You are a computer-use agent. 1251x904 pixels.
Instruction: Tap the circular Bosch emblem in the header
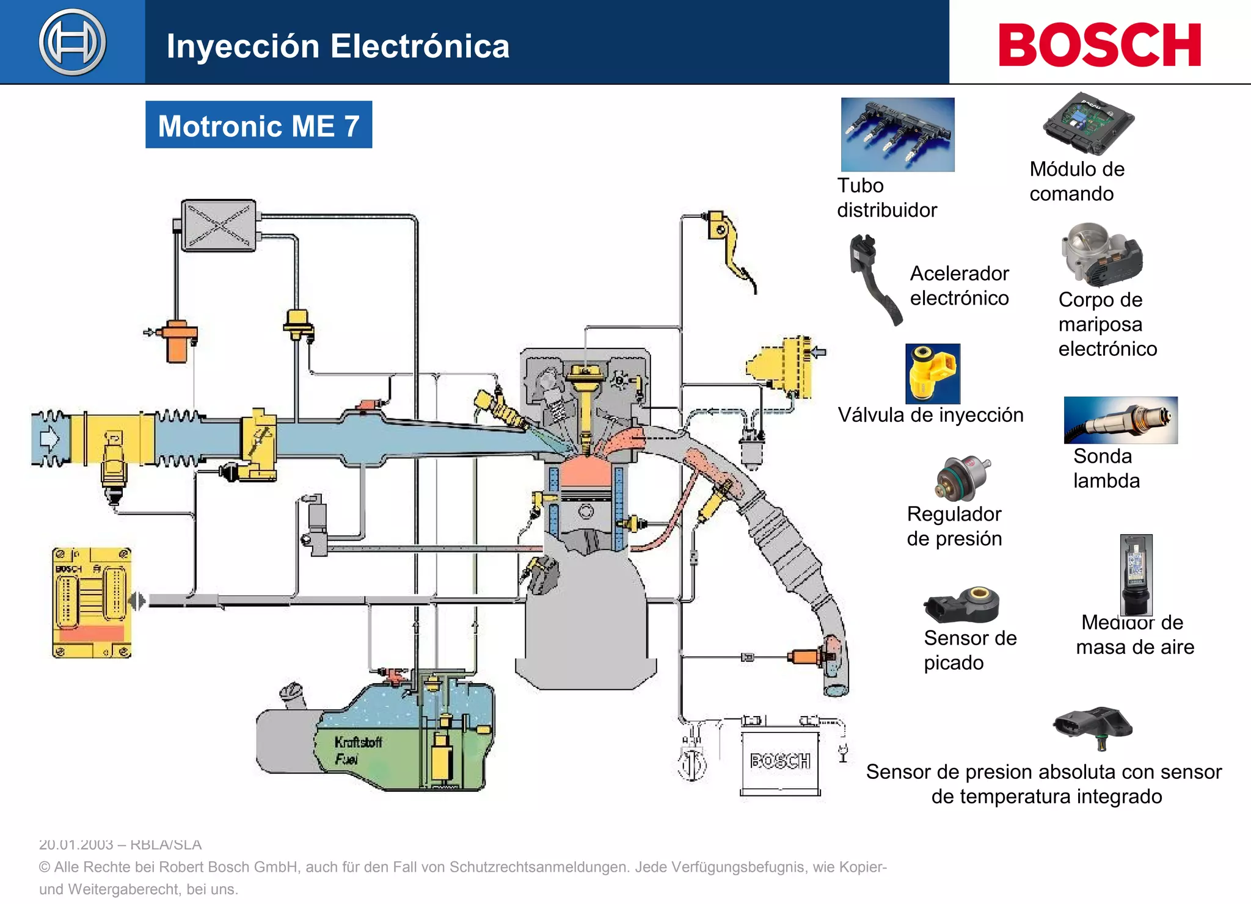click(x=72, y=42)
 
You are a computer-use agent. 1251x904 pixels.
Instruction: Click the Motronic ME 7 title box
click(x=258, y=125)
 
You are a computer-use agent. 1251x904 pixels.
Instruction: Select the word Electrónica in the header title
click(x=420, y=46)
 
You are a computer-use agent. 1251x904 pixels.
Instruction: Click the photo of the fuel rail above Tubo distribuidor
click(x=897, y=134)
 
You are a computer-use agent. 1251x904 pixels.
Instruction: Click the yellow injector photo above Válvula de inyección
click(x=932, y=373)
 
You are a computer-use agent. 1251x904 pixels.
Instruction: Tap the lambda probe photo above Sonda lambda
click(x=1120, y=420)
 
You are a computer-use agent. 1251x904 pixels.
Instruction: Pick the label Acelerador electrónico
click(x=959, y=286)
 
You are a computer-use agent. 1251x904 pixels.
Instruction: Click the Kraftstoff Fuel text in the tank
click(x=357, y=750)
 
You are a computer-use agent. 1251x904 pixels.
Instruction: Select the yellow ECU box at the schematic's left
click(x=92, y=602)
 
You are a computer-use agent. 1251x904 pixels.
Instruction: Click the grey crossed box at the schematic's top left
click(x=219, y=225)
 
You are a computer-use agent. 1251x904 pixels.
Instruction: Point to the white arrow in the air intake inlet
click(x=49, y=438)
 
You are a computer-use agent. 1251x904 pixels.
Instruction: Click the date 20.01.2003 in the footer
click(x=75, y=845)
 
